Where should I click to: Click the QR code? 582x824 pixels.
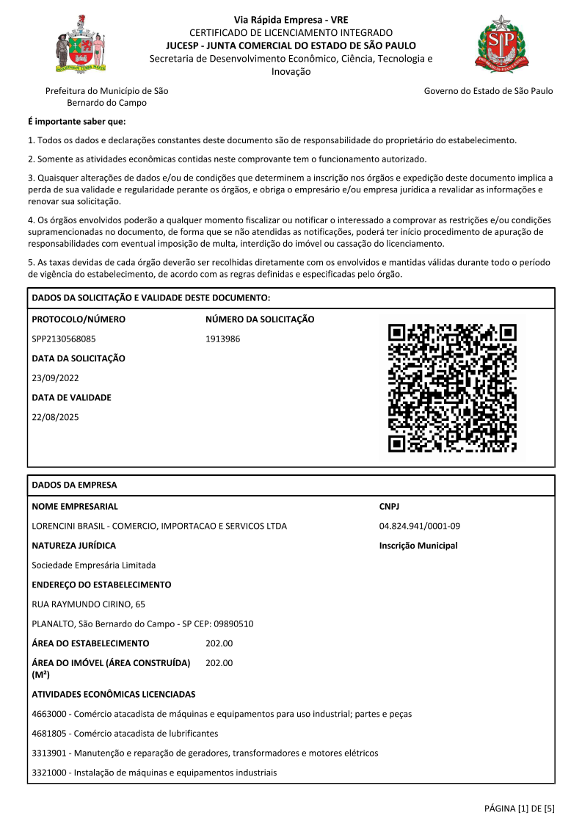(x=452, y=387)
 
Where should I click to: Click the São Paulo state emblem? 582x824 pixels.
(x=502, y=43)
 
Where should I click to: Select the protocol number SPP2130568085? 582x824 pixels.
(x=64, y=339)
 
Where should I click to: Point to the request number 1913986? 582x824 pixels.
(x=223, y=339)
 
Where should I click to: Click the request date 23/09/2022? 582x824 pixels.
(x=55, y=378)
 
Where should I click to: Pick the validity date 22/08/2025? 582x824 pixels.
(x=55, y=417)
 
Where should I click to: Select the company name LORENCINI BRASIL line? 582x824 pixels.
(x=159, y=526)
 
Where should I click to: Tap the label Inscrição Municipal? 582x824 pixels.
(x=418, y=546)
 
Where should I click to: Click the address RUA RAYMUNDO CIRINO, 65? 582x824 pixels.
(x=89, y=604)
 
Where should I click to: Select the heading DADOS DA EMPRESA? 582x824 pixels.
(x=74, y=485)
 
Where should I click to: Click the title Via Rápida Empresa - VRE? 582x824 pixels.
(x=291, y=20)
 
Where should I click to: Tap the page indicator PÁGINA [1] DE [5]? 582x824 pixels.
(x=519, y=809)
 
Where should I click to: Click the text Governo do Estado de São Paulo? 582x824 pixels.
(x=488, y=91)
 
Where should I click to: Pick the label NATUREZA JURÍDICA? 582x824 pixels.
(x=74, y=546)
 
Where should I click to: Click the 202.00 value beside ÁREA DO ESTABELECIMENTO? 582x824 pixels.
(x=219, y=643)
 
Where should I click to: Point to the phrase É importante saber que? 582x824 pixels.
(x=76, y=122)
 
